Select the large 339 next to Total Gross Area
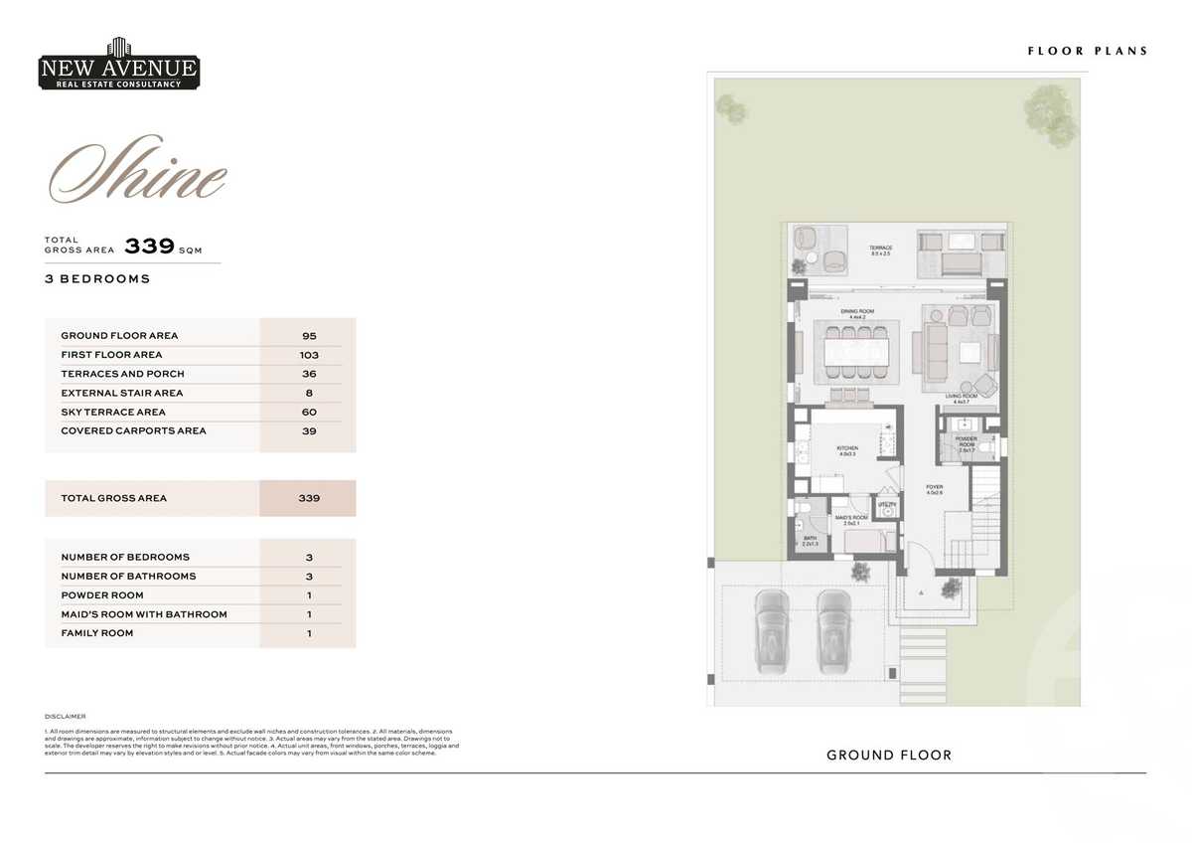point(149,247)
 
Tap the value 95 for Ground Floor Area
point(309,336)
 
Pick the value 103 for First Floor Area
point(309,355)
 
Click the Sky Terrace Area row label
point(113,412)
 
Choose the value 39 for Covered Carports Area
point(309,430)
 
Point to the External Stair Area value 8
point(309,393)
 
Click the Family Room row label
point(96,633)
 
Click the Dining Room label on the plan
point(855,313)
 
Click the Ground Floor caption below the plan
point(889,756)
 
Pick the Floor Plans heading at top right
point(1087,51)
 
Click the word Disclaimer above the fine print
point(66,716)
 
